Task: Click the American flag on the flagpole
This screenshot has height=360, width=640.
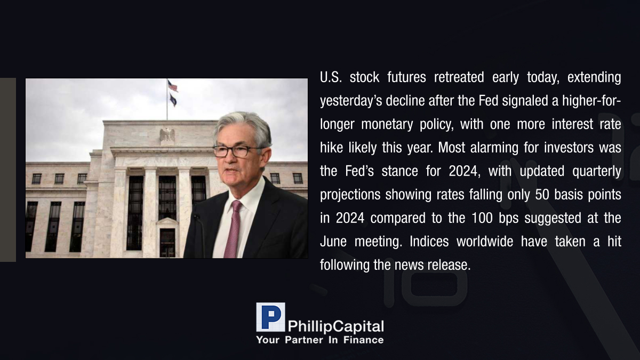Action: pyautogui.click(x=173, y=86)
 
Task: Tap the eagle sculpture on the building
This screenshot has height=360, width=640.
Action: pyautogui.click(x=167, y=135)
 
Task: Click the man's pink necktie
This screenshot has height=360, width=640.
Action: pyautogui.click(x=233, y=229)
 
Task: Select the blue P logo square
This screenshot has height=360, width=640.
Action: pyautogui.click(x=270, y=317)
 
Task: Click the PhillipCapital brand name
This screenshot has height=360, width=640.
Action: pyautogui.click(x=335, y=326)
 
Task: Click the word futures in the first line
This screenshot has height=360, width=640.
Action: pyautogui.click(x=406, y=77)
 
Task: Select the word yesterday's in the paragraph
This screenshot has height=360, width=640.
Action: pyautogui.click(x=351, y=101)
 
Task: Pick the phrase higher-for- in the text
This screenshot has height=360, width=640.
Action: pyautogui.click(x=591, y=101)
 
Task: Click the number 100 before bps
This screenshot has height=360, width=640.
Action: pyautogui.click(x=482, y=218)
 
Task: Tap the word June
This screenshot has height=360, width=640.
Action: pyautogui.click(x=333, y=242)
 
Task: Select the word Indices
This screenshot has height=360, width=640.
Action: pyautogui.click(x=429, y=242)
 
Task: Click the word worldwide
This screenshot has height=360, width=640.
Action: pyautogui.click(x=485, y=242)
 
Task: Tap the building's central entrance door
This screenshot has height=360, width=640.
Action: pyautogui.click(x=167, y=242)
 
